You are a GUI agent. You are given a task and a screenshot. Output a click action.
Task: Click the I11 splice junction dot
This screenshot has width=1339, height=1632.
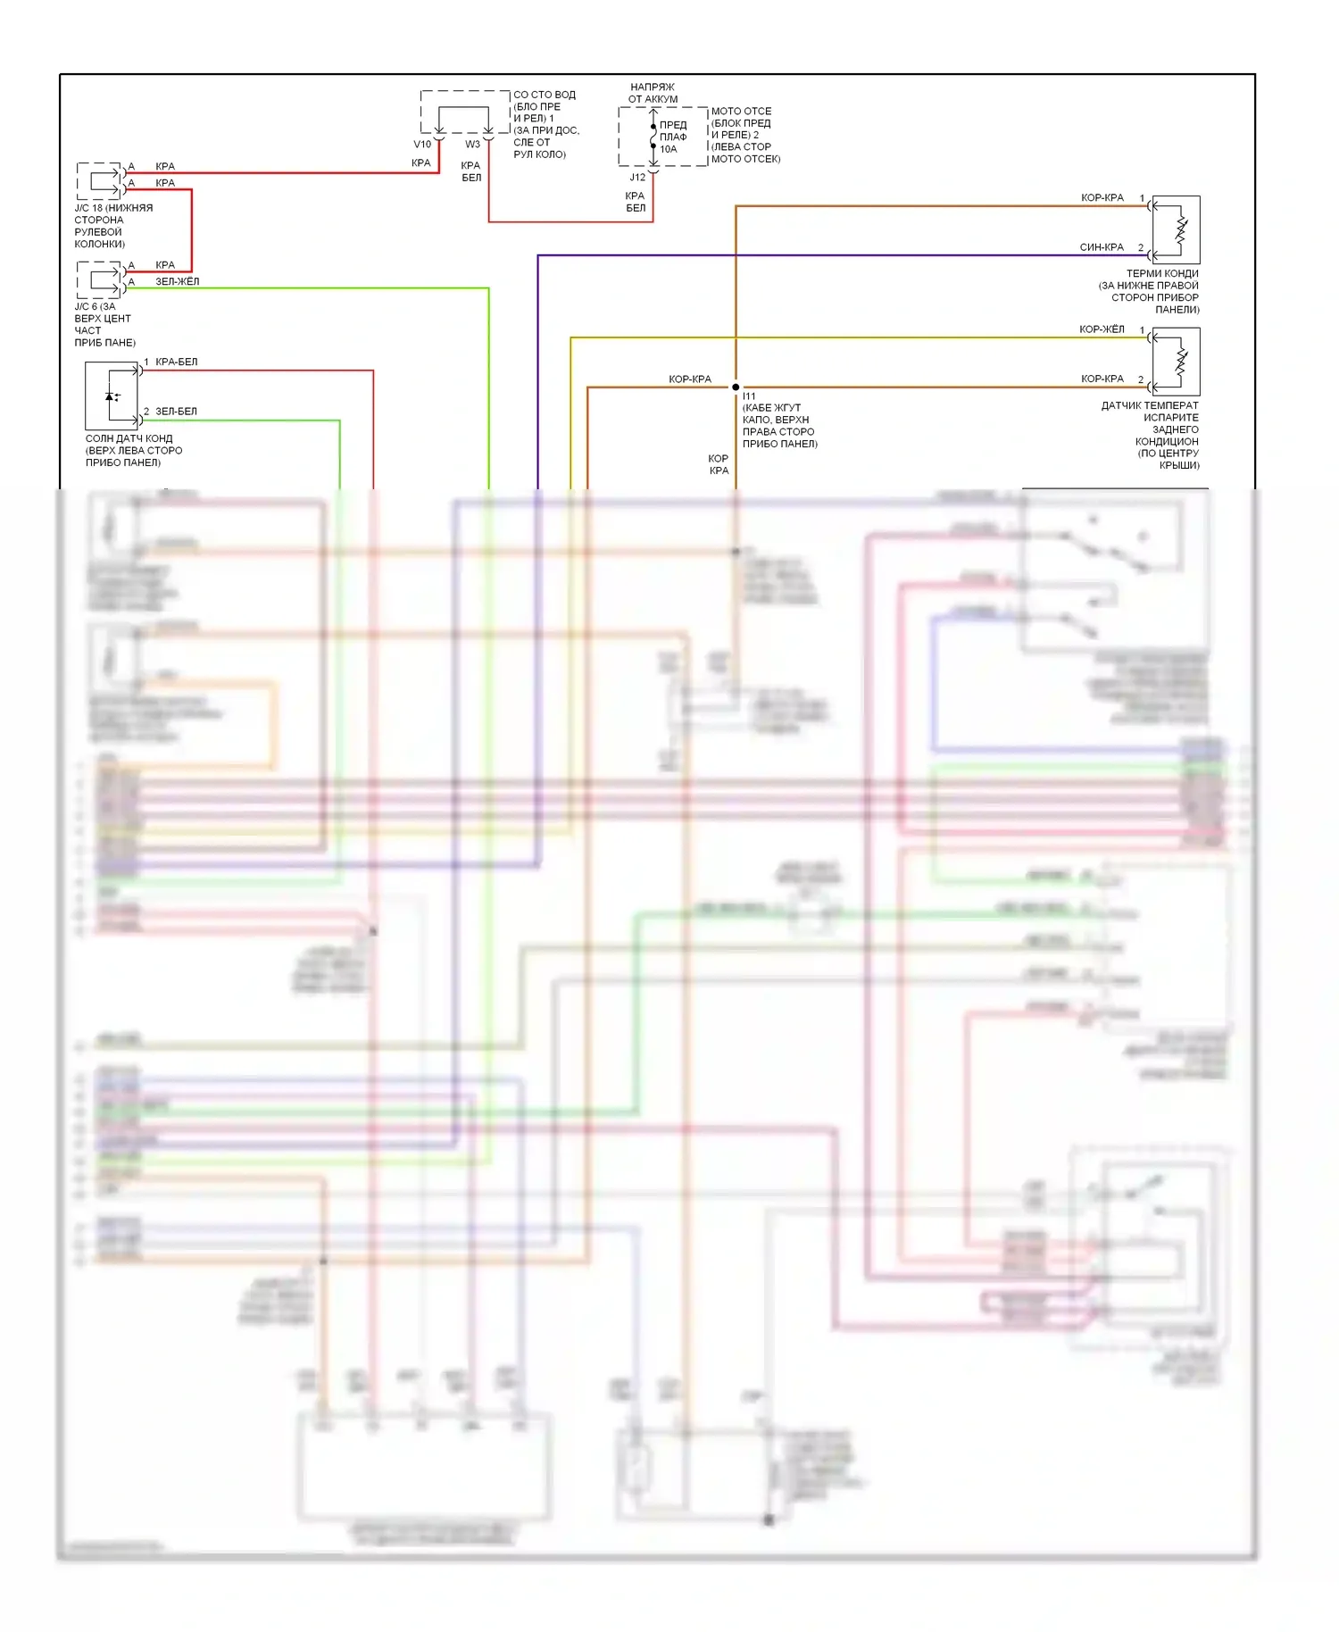(736, 387)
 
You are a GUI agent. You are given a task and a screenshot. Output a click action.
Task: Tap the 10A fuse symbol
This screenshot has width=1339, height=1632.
(653, 137)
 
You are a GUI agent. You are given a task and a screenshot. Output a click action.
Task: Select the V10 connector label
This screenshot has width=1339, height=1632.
(422, 145)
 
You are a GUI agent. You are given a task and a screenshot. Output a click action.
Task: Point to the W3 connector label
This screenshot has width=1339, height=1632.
(472, 145)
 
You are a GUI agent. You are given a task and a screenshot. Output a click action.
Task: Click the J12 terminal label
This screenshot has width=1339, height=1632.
(637, 178)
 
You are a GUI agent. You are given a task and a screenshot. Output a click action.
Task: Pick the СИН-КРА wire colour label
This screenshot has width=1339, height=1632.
(1102, 247)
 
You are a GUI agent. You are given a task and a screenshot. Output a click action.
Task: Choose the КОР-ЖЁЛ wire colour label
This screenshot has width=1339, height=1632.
(1102, 329)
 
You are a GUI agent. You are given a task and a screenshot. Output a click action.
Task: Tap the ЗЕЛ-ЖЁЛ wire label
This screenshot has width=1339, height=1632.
(178, 282)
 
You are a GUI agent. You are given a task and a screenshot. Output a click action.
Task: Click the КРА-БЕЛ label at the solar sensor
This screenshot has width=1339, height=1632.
(177, 362)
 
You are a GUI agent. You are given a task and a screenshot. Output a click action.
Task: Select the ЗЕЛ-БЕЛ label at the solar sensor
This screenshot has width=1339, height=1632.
(177, 412)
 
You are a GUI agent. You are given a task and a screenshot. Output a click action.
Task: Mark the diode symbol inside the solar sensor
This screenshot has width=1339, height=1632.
(112, 396)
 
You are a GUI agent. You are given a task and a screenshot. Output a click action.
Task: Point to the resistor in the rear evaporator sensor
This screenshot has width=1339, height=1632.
(1181, 362)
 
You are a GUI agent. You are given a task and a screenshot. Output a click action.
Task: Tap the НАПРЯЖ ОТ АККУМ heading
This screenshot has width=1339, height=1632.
(653, 93)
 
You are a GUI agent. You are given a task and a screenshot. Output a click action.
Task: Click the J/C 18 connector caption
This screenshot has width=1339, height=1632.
(113, 226)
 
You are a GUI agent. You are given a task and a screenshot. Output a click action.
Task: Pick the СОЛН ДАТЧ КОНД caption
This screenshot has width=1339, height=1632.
(129, 439)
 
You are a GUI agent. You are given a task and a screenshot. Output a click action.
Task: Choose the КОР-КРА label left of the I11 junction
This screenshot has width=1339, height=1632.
(690, 379)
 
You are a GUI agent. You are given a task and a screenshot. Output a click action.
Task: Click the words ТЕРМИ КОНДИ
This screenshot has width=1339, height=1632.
(1162, 274)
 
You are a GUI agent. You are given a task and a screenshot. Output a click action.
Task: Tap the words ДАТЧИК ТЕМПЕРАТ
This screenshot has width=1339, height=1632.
(1150, 406)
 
